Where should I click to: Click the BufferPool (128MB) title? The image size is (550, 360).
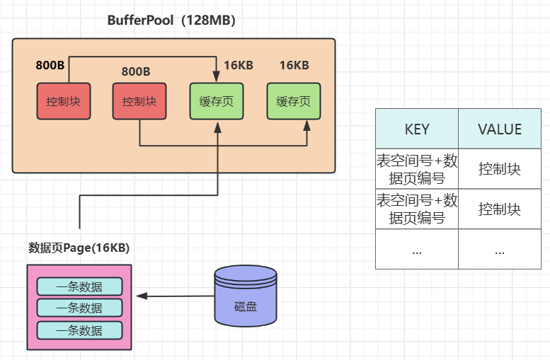point(171,21)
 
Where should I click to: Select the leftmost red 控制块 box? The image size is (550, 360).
point(63,101)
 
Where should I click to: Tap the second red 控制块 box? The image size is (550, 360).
point(139,101)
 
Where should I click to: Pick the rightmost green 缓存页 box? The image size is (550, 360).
point(293,101)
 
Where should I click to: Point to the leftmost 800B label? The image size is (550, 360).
point(50,66)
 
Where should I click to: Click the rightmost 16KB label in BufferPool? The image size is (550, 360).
point(294,66)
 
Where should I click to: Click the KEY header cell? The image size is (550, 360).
point(416,129)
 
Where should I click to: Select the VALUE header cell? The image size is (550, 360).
point(500,129)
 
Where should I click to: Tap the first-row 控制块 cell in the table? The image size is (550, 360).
point(500,170)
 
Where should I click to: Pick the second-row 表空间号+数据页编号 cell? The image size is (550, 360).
point(416,210)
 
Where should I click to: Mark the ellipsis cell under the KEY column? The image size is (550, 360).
point(416,250)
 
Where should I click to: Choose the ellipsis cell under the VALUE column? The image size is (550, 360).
point(500,250)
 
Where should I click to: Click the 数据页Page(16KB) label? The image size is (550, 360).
point(79,248)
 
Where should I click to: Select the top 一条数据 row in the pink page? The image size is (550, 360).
point(79,286)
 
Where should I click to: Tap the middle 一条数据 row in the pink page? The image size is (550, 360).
point(79,308)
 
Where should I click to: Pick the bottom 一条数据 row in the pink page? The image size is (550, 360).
point(79,330)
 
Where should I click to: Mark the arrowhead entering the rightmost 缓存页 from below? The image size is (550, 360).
point(307,125)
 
